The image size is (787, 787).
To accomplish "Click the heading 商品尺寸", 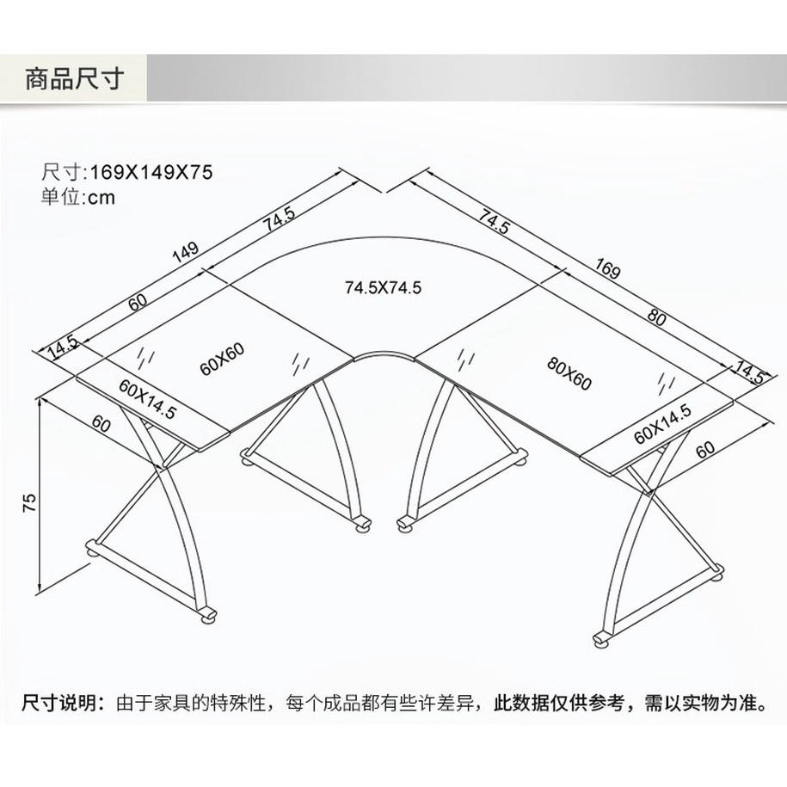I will click(75, 79).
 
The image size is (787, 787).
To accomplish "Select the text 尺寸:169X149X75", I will click(126, 173).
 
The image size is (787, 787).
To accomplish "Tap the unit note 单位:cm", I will click(77, 197).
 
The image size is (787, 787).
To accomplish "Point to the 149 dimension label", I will click(185, 254).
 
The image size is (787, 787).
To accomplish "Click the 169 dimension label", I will click(606, 269).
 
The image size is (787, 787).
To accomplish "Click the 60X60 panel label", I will click(222, 360).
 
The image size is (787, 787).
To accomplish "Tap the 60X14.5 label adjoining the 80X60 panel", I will click(662, 422).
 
